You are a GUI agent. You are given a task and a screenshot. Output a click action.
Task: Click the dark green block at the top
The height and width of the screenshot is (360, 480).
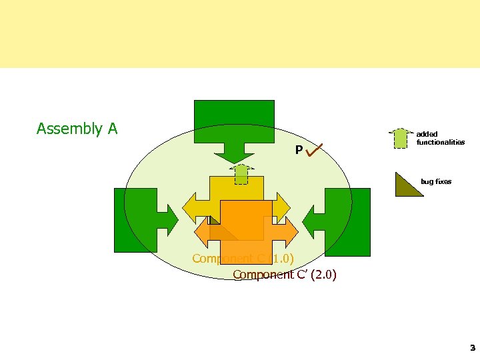[x=234, y=120]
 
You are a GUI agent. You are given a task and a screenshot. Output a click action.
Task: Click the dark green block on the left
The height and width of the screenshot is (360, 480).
[x=135, y=221]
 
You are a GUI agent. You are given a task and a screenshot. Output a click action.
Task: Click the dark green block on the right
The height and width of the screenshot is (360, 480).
[x=349, y=222]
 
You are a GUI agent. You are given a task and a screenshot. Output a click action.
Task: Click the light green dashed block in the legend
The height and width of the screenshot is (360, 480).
[x=400, y=138]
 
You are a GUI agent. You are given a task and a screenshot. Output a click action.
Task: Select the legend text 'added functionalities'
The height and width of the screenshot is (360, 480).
[x=440, y=138]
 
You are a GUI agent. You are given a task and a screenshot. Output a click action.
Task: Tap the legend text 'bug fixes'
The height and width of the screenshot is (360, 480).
[x=436, y=181]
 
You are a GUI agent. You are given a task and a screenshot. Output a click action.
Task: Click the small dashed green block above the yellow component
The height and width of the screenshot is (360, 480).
[x=241, y=175]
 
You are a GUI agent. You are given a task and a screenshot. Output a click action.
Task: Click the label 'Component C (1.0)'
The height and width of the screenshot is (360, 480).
[x=243, y=259]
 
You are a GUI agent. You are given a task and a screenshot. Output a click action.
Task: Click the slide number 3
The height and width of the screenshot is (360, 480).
[x=472, y=347]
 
